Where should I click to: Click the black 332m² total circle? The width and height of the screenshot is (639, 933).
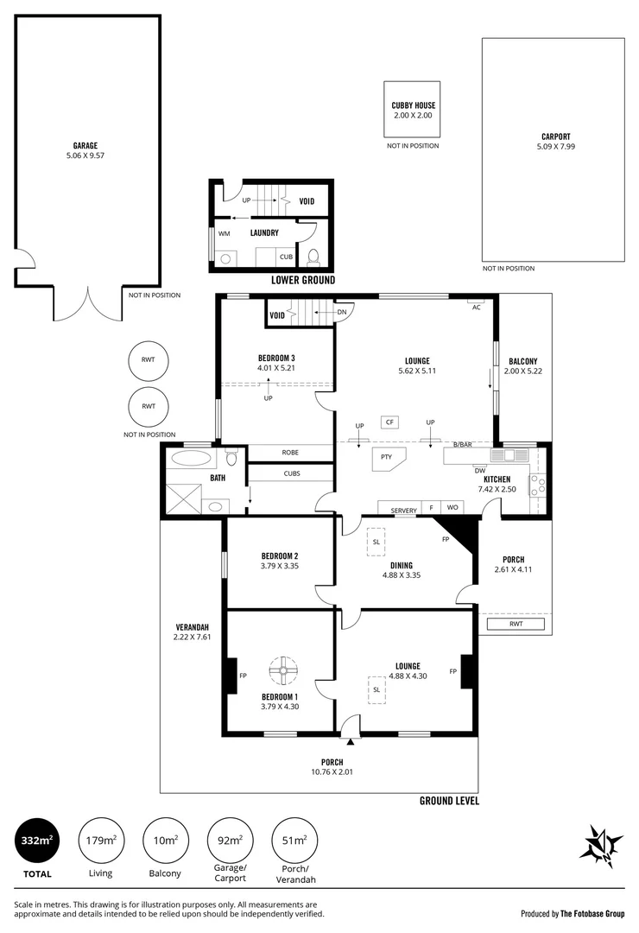coord(37,840)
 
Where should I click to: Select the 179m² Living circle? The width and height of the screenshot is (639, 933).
coord(101,840)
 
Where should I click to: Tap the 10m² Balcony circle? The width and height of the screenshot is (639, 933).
coord(165,840)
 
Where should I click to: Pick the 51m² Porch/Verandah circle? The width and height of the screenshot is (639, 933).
coord(294,840)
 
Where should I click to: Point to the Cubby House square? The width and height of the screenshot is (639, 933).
coord(412,110)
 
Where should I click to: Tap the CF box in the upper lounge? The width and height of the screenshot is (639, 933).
coord(390,422)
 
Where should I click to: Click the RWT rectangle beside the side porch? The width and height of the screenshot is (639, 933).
coord(516,624)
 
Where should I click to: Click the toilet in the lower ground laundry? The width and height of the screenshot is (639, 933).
coord(313,257)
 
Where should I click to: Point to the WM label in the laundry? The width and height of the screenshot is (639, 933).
coord(224,233)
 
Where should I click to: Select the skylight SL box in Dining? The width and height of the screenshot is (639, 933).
coord(377,542)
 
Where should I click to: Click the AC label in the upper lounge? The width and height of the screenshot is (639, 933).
coord(476,306)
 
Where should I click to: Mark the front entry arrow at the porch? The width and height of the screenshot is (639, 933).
coord(350,740)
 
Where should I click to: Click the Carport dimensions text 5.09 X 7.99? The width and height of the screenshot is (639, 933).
coord(555,146)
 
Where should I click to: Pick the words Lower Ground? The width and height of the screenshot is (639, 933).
coord(303,281)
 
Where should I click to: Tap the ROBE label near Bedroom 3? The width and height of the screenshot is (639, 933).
coord(290,452)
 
